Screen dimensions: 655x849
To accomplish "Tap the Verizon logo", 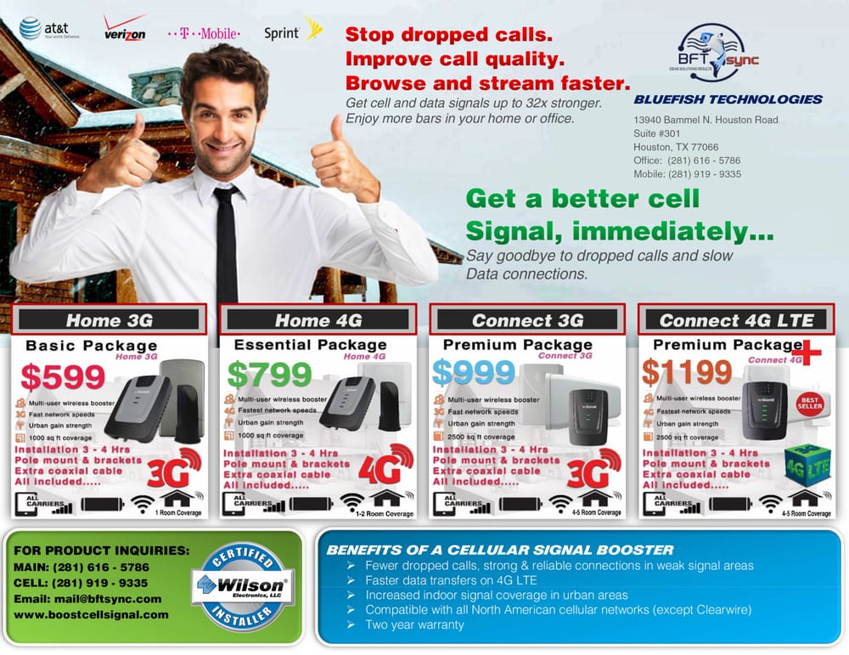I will pos(124,30).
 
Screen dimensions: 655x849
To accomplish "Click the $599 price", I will pos(63,375).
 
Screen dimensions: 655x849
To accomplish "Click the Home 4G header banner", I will pos(318,320).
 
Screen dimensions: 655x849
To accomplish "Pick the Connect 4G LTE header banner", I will pos(736,320).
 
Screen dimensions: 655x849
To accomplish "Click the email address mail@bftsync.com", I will pos(87,599).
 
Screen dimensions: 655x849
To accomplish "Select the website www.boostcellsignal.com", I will pos(91,614).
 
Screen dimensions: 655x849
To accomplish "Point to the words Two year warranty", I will pos(414,624).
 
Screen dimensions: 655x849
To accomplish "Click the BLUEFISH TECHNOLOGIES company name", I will pos(728,99).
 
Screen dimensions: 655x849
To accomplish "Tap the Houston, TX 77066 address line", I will pos(676,147).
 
